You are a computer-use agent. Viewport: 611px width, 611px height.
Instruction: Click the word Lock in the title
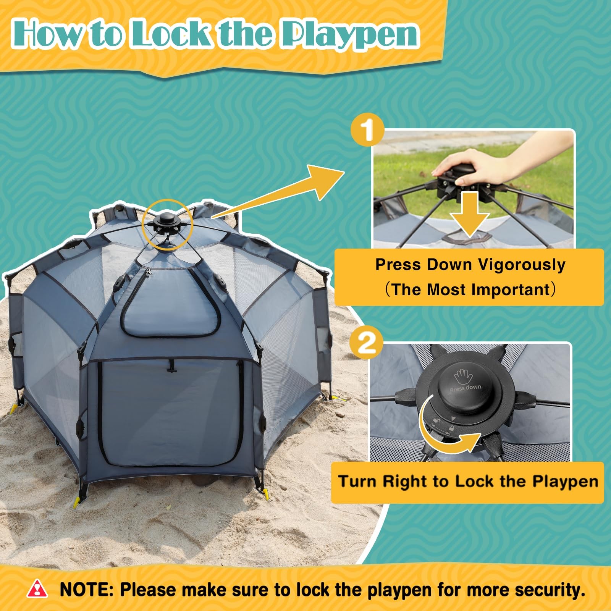tap(173, 34)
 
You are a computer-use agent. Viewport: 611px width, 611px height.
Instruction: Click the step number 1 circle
tap(367, 130)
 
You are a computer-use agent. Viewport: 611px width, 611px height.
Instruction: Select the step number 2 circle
tap(367, 343)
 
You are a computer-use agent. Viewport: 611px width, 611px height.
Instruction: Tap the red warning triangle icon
tap(37, 588)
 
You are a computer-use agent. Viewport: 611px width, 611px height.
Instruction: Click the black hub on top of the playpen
tap(166, 223)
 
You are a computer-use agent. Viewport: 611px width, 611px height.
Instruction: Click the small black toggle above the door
tap(170, 369)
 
